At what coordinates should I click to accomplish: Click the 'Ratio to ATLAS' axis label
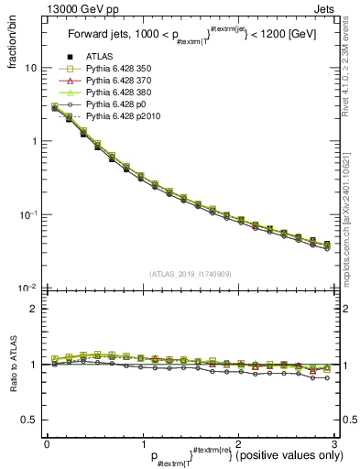[13, 365]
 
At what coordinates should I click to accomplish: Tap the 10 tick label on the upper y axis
[30, 69]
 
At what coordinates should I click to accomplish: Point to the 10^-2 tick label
[28, 287]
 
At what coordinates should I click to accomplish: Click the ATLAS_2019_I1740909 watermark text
[189, 273]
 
